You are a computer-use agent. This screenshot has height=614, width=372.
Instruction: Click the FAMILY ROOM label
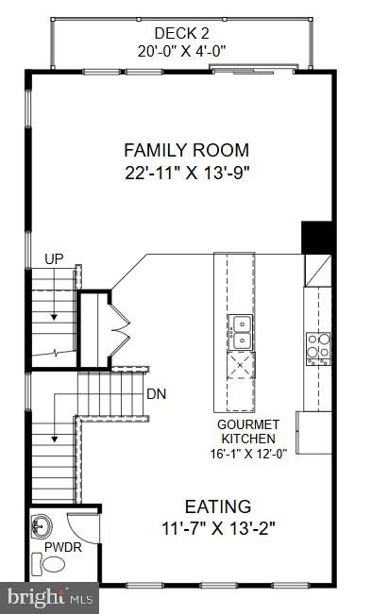(x=186, y=149)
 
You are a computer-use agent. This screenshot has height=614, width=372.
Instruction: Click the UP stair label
(x=53, y=257)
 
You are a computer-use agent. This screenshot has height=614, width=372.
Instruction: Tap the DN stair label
(x=156, y=393)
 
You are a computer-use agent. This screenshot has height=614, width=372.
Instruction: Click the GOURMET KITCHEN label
(x=247, y=431)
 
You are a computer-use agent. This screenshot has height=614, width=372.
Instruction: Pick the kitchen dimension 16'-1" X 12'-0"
(x=247, y=452)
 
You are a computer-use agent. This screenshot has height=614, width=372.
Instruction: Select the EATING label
(x=217, y=506)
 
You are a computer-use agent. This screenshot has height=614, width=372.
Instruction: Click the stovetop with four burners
(x=317, y=347)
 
